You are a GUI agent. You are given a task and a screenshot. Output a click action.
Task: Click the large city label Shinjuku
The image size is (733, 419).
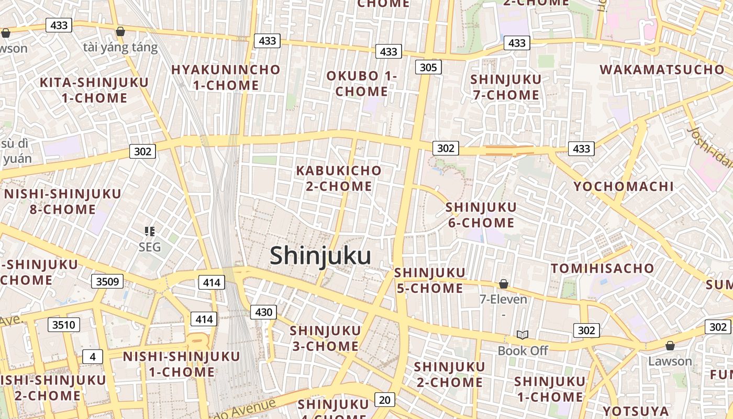[x=320, y=256]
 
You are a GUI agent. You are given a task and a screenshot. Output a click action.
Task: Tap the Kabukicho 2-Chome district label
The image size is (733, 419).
[x=339, y=178]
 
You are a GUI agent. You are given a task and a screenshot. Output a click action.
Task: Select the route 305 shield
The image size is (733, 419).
[x=428, y=67]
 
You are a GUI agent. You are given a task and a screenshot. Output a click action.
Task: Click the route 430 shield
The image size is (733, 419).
[x=263, y=313]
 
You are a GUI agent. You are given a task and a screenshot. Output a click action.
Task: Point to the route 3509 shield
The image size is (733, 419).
[x=107, y=282]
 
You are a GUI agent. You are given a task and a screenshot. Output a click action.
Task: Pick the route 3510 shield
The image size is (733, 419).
[x=64, y=325]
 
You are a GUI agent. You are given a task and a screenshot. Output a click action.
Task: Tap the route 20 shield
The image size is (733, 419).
[x=384, y=400]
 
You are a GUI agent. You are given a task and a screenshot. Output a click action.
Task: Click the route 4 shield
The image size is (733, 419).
[x=93, y=357]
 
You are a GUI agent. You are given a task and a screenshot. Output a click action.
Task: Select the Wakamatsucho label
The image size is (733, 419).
[x=662, y=70]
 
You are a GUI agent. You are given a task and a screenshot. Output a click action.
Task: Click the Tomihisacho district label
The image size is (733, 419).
[x=602, y=269]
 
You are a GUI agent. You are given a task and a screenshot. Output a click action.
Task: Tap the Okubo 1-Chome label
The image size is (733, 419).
[x=362, y=83]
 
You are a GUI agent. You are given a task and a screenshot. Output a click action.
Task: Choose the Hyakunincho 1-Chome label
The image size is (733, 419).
[x=226, y=77]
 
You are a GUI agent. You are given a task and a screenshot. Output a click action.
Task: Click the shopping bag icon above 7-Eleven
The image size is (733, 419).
[x=504, y=284]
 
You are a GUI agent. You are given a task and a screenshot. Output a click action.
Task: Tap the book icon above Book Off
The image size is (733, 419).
[x=522, y=335]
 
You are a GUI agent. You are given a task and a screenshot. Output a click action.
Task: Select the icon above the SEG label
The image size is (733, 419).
[x=150, y=231]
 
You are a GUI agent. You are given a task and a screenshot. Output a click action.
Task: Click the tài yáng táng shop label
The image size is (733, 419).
[x=120, y=48]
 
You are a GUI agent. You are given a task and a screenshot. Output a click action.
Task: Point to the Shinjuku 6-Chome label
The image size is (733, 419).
[x=481, y=215]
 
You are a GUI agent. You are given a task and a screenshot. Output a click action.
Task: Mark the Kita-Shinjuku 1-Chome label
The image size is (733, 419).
[x=94, y=90]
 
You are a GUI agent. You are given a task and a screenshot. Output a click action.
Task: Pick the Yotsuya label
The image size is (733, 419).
[x=635, y=411]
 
